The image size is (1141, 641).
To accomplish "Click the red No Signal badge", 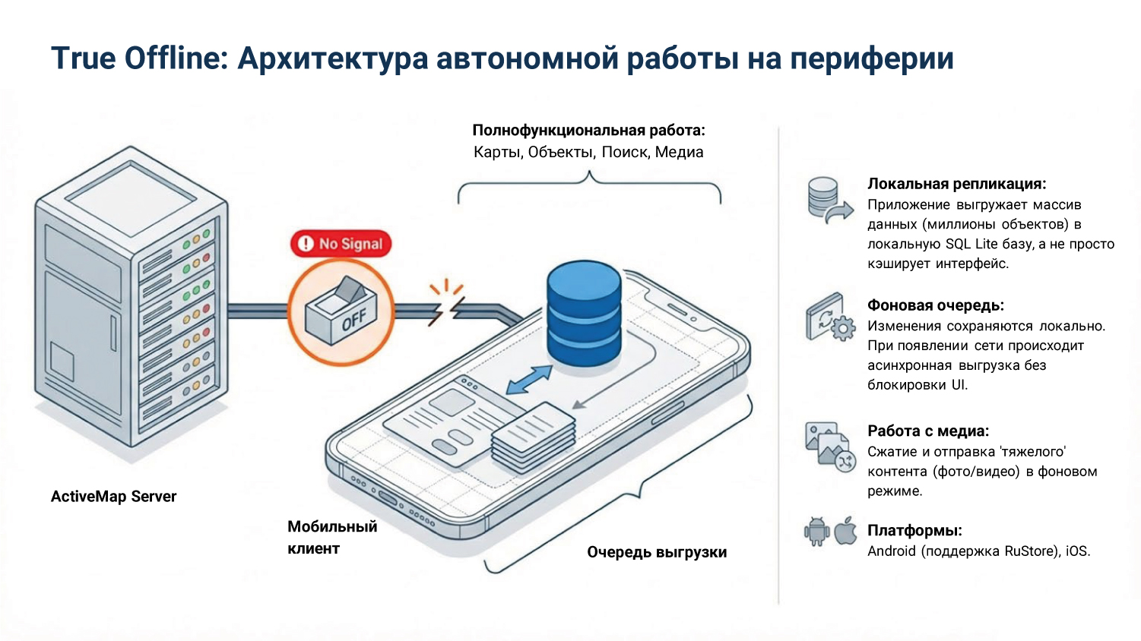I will pyautogui.click(x=341, y=244).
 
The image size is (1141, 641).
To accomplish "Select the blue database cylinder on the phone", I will pyautogui.click(x=584, y=313).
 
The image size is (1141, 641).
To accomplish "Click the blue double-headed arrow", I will pyautogui.click(x=529, y=380).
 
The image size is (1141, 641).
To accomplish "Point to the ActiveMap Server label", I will pyautogui.click(x=113, y=497).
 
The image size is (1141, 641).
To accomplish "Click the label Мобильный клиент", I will pyautogui.click(x=331, y=537).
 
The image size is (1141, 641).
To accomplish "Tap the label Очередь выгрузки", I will pyautogui.click(x=657, y=552).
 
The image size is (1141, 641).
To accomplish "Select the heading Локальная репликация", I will pyautogui.click(x=956, y=184).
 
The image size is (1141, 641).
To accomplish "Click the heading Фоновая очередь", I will pyautogui.click(x=935, y=305).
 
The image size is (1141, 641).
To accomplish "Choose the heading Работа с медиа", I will pyautogui.click(x=927, y=431).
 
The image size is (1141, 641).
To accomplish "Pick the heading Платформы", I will pyautogui.click(x=914, y=530).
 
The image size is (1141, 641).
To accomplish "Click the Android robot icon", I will pyautogui.click(x=817, y=532).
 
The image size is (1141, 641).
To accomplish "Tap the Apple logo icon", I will pyautogui.click(x=845, y=531).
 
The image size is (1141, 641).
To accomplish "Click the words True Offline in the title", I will pyautogui.click(x=139, y=58).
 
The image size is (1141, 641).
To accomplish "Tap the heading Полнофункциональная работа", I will pyautogui.click(x=588, y=131).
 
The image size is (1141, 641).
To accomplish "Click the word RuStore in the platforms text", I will pyautogui.click(x=1029, y=551).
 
